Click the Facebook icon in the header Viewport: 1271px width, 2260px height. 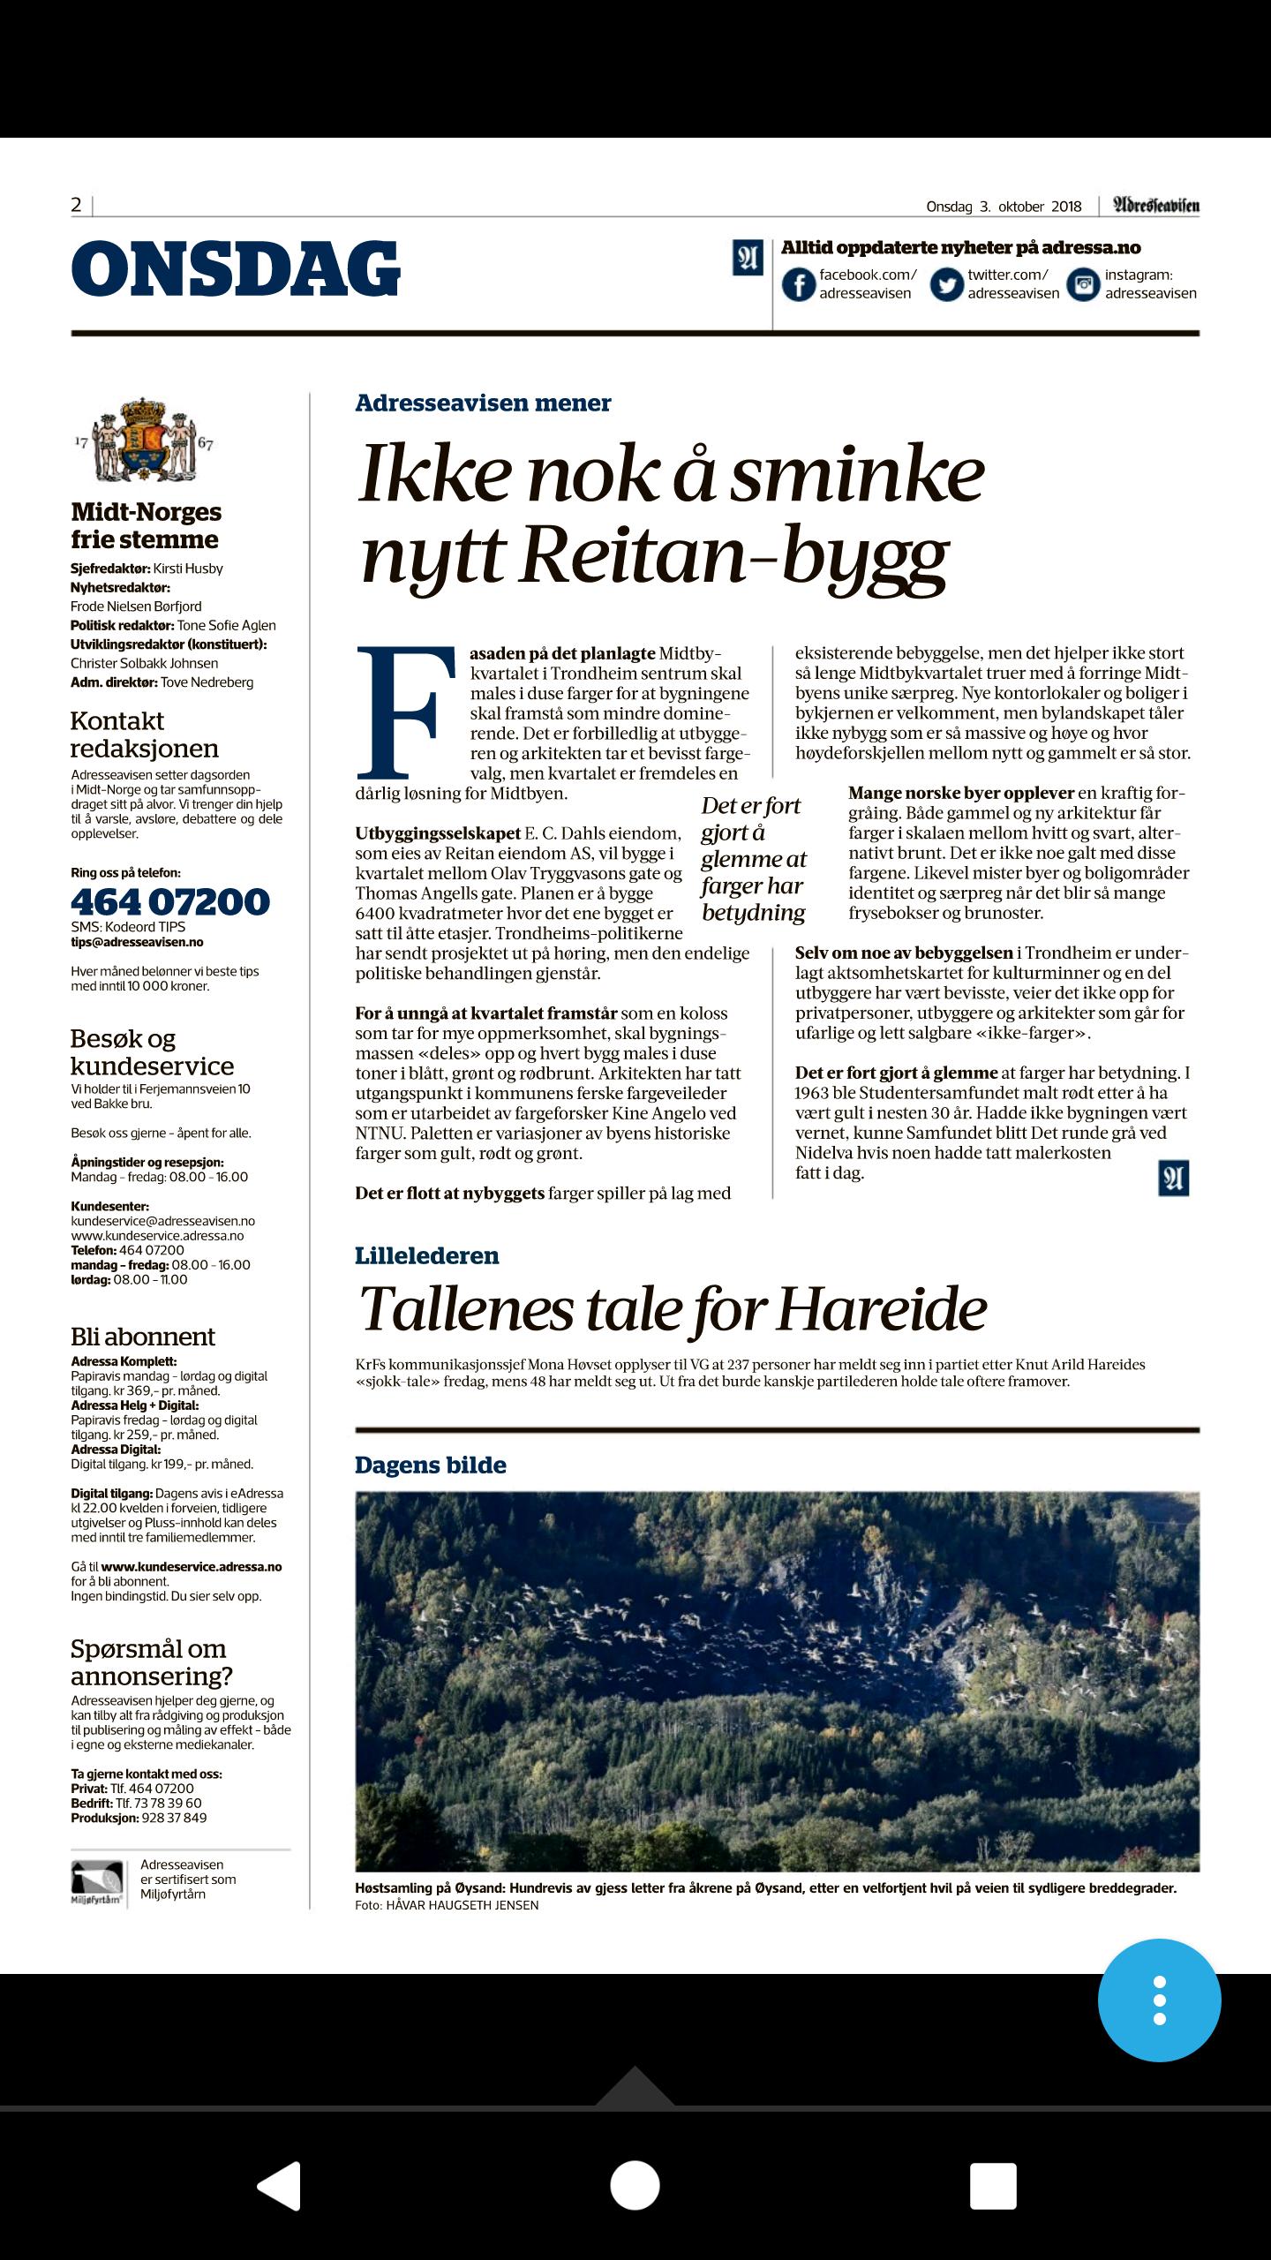[x=799, y=284]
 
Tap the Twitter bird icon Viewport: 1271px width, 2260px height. [x=946, y=284]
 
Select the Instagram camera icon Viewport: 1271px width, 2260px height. [x=1084, y=284]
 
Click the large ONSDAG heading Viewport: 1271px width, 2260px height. [x=236, y=268]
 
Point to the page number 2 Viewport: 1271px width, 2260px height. [x=76, y=205]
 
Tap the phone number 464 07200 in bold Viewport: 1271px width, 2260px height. [x=170, y=901]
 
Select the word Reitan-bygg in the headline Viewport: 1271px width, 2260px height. [x=733, y=557]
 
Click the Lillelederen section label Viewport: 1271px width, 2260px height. [x=427, y=1255]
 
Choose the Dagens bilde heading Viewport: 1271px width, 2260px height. [x=431, y=1465]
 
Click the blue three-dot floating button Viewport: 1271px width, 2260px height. [x=1159, y=2000]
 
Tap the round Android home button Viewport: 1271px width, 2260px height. [x=635, y=2186]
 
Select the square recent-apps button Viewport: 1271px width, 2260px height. [x=993, y=2186]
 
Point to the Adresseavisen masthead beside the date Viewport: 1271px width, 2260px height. [x=1155, y=206]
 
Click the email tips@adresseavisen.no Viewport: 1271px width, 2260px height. [x=137, y=942]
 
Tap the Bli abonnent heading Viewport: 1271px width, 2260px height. [x=143, y=1337]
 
